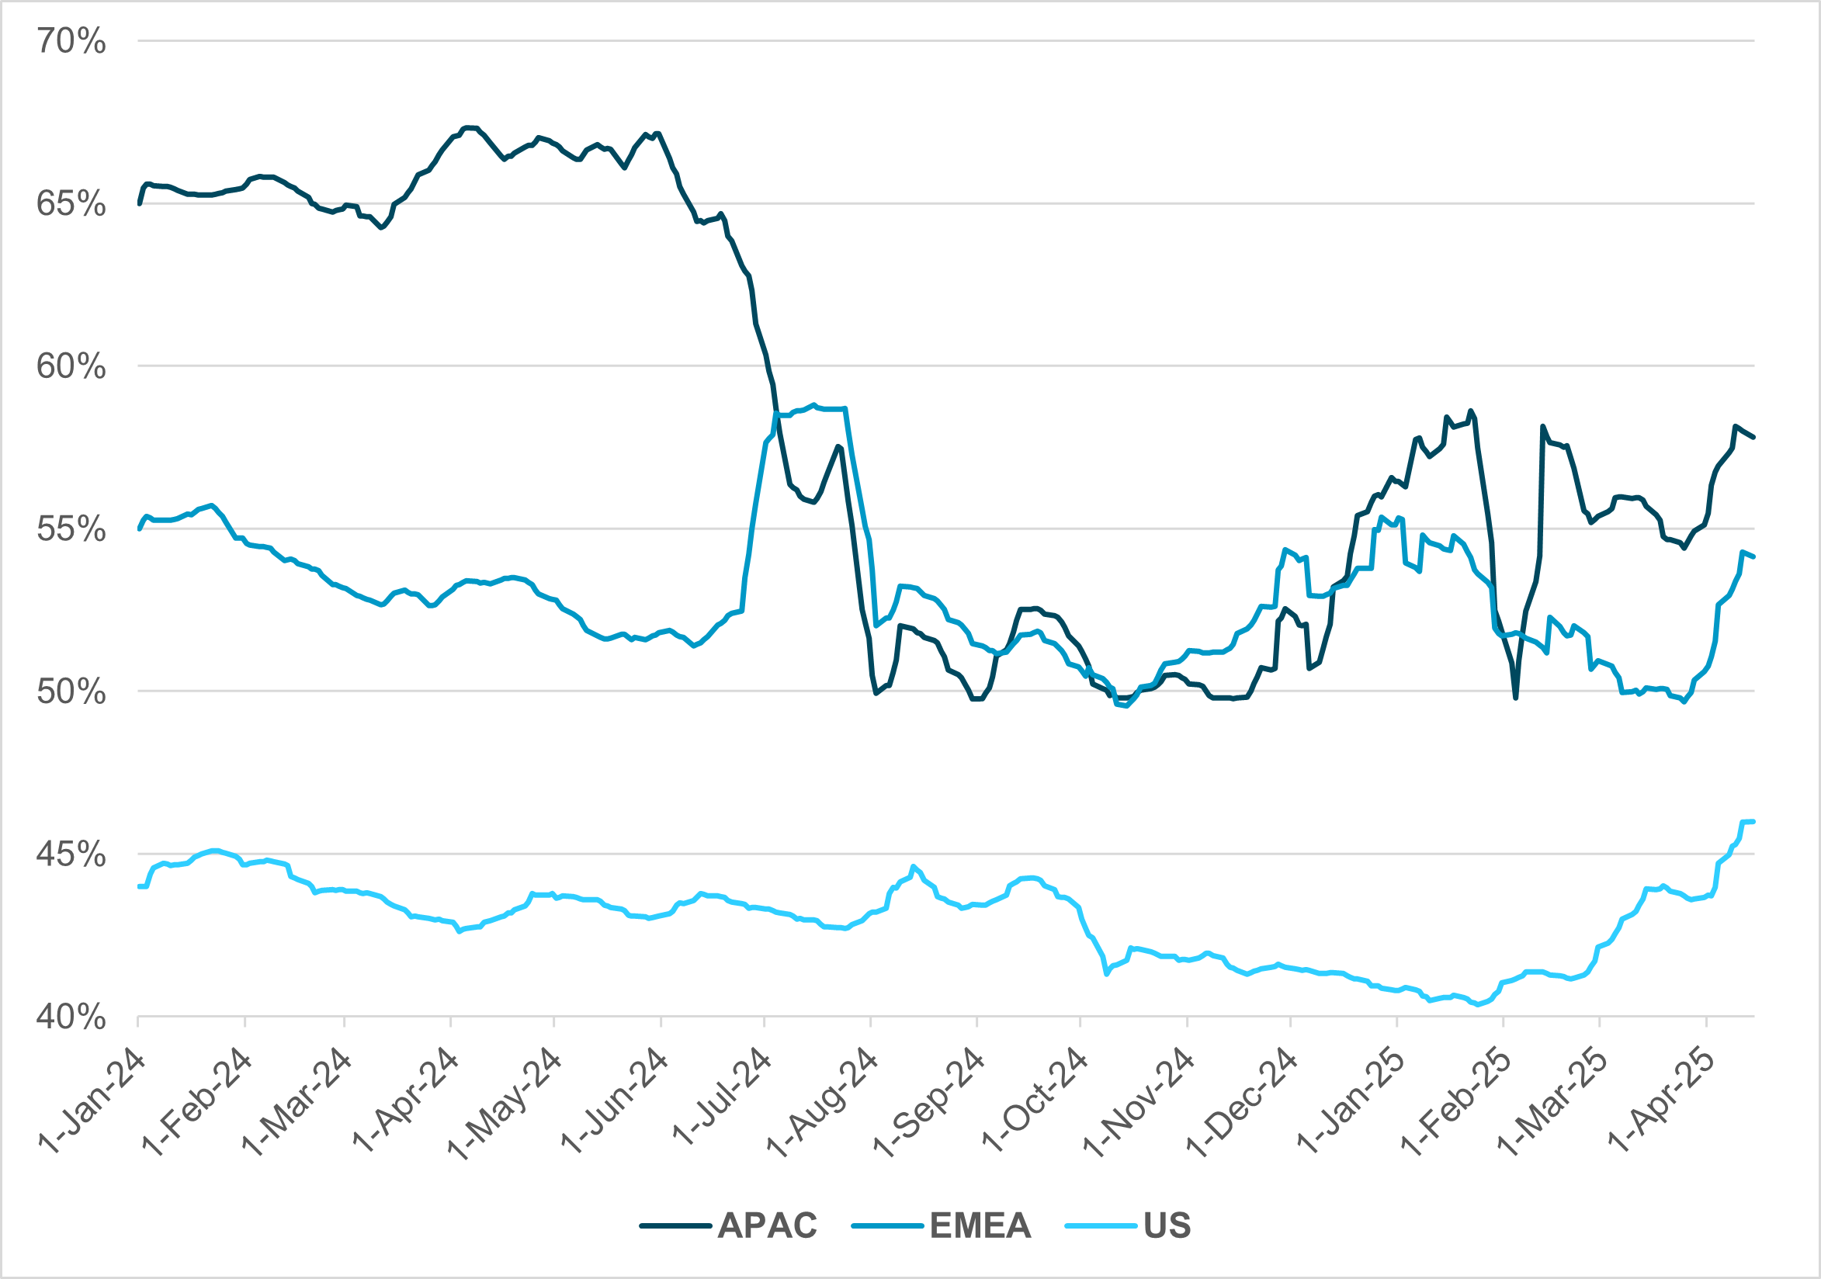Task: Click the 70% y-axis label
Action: point(71,41)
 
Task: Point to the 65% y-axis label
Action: point(71,205)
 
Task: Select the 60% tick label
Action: point(71,367)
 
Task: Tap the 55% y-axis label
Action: point(71,529)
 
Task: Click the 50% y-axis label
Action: point(71,692)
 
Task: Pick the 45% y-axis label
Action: point(71,854)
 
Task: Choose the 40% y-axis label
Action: point(71,1017)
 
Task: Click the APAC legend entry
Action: point(767,1225)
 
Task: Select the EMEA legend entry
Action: point(980,1225)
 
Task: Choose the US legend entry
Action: point(1167,1225)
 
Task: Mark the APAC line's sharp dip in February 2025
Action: point(1516,697)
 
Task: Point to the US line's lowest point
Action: point(1478,1004)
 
